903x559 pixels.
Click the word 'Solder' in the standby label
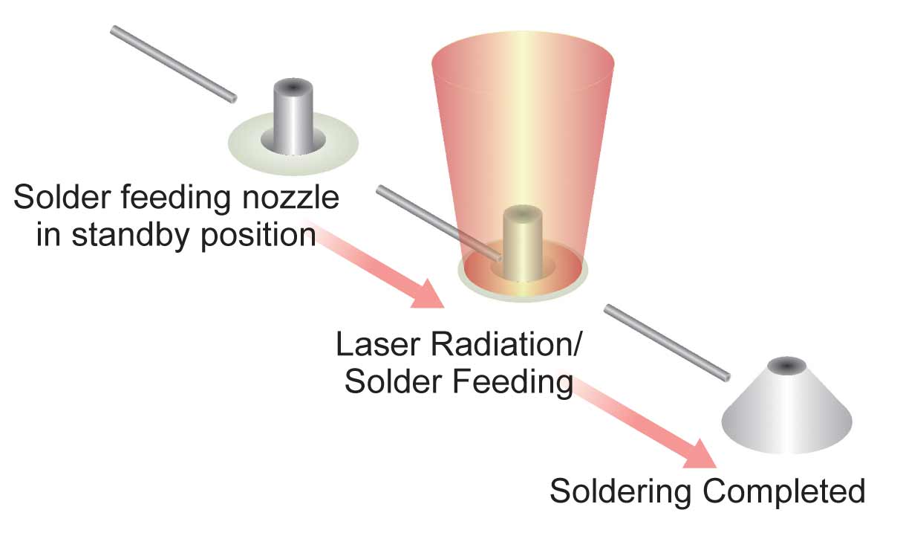tap(62, 197)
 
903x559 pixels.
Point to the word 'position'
tap(258, 236)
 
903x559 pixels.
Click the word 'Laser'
tap(377, 344)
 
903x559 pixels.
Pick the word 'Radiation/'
tap(506, 344)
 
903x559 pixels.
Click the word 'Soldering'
tap(621, 492)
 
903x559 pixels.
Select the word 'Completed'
tap(784, 491)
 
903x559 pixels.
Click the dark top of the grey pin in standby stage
tap(293, 87)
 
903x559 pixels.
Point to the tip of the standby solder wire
tap(233, 98)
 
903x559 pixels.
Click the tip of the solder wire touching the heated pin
tap(499, 257)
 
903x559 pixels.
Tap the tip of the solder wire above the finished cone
tap(726, 378)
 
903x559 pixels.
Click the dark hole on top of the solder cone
tap(786, 366)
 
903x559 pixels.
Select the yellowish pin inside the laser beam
tap(523, 243)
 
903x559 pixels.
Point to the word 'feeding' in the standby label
tap(176, 197)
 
